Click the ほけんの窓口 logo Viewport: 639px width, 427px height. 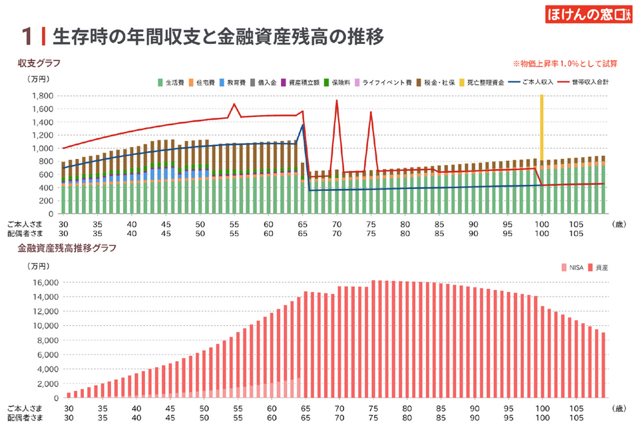click(x=588, y=15)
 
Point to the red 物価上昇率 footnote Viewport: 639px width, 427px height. click(x=565, y=64)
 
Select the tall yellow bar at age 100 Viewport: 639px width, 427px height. click(x=541, y=126)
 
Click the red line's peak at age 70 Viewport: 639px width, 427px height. click(x=337, y=100)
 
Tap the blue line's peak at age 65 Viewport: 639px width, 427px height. click(x=303, y=124)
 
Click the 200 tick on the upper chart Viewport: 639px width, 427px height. click(x=47, y=201)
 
